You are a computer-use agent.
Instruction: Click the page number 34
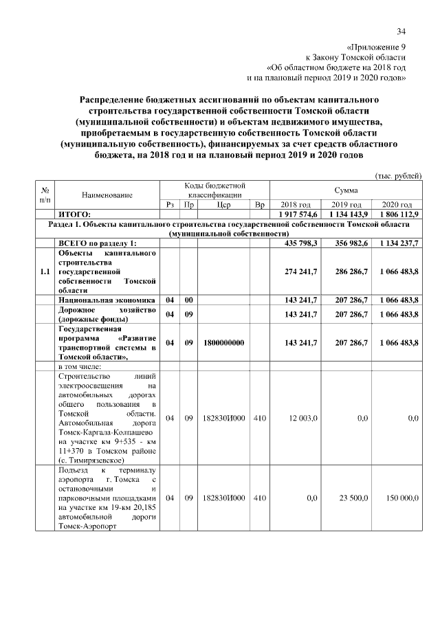(x=401, y=31)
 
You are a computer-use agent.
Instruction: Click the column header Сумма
(x=345, y=189)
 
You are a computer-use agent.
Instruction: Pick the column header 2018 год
(x=296, y=205)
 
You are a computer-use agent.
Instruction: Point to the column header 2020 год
(x=397, y=205)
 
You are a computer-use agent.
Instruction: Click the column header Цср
(x=223, y=205)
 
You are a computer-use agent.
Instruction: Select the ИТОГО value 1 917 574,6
(x=296, y=214)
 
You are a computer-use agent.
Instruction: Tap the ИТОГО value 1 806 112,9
(x=397, y=214)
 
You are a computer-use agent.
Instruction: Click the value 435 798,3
(x=296, y=243)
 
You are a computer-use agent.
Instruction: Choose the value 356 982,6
(x=346, y=243)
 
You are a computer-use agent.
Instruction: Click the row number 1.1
(x=45, y=272)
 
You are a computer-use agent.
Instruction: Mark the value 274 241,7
(x=296, y=272)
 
